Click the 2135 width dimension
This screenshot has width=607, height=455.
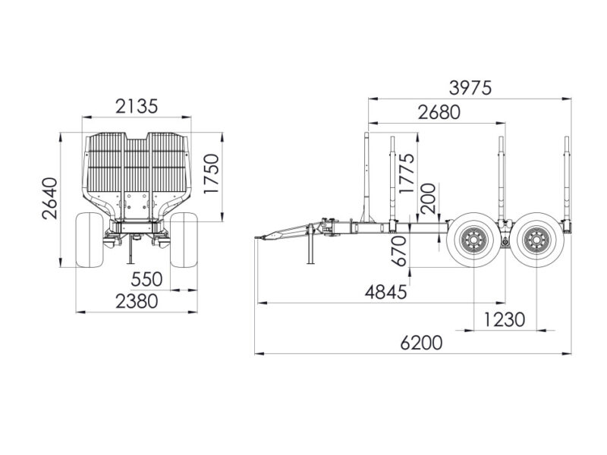pos(137,106)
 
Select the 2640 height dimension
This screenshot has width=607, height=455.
pos(50,199)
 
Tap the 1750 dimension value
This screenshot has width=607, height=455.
pos(212,174)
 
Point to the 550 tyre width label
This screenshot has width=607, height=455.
pos(146,279)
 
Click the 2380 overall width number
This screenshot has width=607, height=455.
pos(137,301)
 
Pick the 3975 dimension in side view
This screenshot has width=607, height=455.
pos(470,88)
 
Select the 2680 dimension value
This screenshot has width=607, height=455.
pos(439,112)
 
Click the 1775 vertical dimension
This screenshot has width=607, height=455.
pos(407,174)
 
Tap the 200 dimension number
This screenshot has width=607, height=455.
pos(428,199)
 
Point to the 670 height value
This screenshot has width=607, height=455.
pos(399,251)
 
